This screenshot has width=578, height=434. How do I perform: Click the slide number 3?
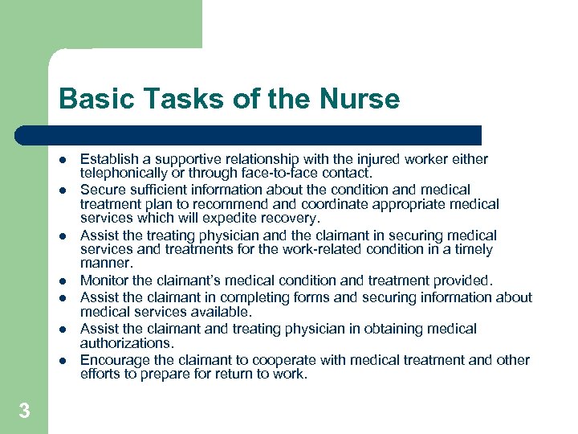24,411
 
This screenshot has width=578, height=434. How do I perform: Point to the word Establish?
108,159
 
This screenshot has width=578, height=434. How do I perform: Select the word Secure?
102,190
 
